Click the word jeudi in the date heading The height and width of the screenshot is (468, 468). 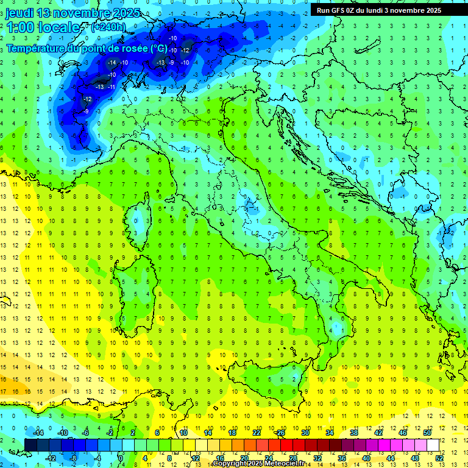click(20, 13)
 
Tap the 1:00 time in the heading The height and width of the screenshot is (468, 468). click(21, 27)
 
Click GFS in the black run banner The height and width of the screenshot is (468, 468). click(339, 10)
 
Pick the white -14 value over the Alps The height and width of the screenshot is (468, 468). click(112, 63)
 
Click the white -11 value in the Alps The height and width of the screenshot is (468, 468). click(112, 87)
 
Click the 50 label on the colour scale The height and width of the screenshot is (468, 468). click(427, 433)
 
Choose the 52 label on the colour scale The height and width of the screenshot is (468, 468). click(438, 458)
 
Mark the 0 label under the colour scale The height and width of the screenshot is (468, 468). click(121, 458)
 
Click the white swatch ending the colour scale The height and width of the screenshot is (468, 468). click(433, 445)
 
